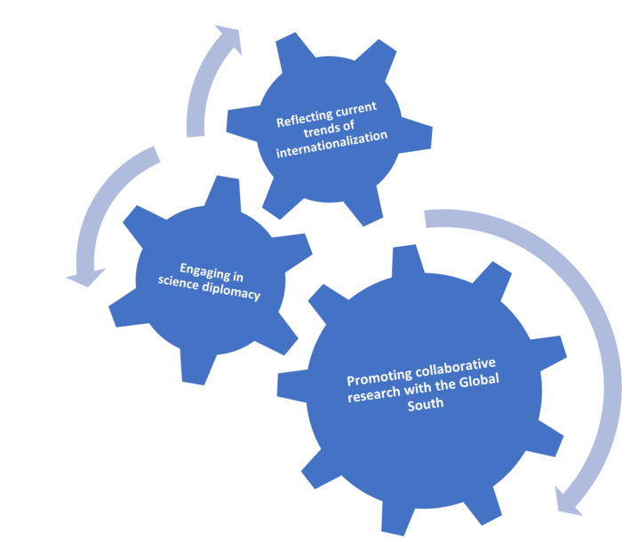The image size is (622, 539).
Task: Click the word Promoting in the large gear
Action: click(x=376, y=376)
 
